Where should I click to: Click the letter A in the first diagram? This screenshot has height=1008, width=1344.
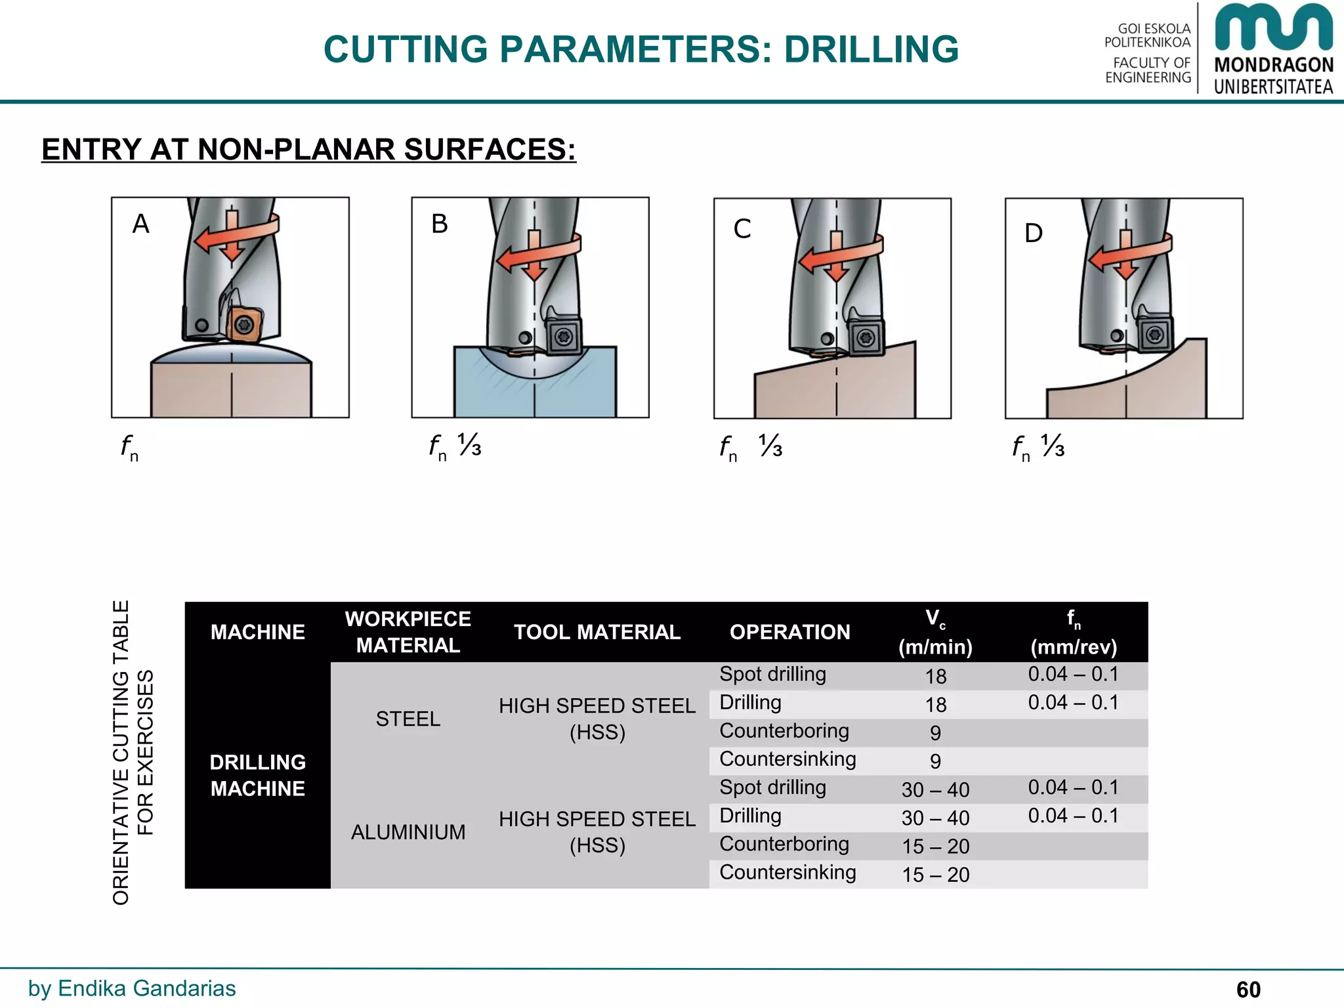click(141, 224)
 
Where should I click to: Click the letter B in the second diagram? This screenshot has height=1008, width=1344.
click(440, 224)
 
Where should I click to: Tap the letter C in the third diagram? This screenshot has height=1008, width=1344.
click(742, 229)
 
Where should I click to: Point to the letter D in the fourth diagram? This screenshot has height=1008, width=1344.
click(1034, 234)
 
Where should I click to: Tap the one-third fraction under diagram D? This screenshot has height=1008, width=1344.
click(1053, 446)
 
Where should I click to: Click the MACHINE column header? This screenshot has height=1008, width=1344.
click(257, 632)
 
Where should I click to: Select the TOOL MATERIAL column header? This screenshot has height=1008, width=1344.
click(597, 632)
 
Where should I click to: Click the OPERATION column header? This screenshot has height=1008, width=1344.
click(789, 632)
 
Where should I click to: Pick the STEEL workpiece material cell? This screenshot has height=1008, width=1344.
click(408, 719)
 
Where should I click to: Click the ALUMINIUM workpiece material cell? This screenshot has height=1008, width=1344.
click(408, 832)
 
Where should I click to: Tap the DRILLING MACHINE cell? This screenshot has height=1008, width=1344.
click(257, 775)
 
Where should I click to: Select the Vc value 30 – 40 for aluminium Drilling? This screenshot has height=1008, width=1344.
click(935, 818)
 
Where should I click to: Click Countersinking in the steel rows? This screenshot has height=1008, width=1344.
click(787, 759)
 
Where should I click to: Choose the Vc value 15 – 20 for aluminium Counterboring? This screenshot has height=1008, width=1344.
click(935, 847)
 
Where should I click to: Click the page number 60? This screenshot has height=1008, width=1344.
click(1248, 990)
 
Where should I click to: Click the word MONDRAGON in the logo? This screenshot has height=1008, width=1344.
click(1274, 65)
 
